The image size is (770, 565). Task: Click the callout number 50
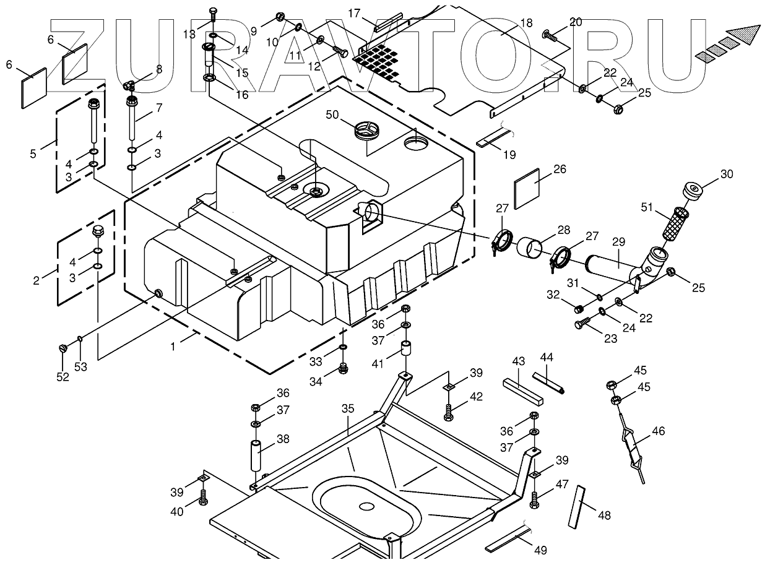332,114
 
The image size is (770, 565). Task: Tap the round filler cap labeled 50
365,131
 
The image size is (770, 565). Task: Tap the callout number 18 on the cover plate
526,24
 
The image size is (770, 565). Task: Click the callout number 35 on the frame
348,408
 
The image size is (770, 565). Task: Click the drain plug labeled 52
62,349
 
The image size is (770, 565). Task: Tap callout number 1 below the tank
173,347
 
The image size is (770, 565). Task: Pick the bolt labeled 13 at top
213,12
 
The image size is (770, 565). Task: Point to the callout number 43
519,361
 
